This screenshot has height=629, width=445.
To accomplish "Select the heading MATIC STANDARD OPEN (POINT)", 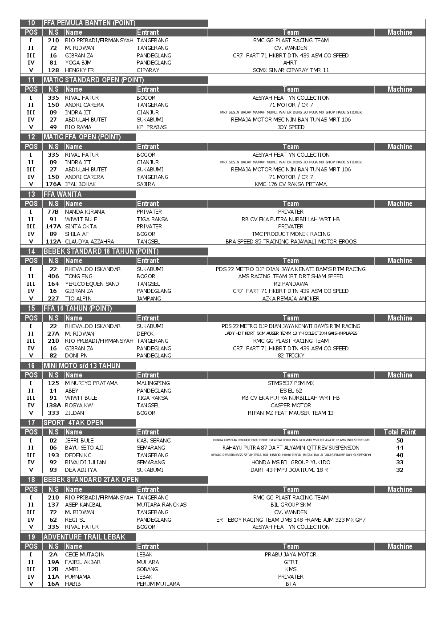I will (x=93, y=80).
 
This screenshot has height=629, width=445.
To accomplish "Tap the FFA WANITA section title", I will (x=62, y=195).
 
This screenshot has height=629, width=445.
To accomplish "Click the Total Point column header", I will (x=400, y=432).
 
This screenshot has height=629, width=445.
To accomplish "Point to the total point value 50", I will (x=400, y=441).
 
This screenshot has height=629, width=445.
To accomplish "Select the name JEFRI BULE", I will (x=79, y=441).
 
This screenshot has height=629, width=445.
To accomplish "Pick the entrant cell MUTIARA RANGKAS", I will (x=162, y=505).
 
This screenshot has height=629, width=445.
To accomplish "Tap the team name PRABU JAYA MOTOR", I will (x=291, y=555).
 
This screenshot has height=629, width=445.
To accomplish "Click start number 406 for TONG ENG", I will (x=53, y=276).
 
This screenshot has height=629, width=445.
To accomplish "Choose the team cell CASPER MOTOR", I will (x=291, y=406).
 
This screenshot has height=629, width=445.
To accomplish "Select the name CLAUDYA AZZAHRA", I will (x=89, y=242).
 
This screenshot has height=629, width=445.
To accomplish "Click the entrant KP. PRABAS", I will (x=151, y=127).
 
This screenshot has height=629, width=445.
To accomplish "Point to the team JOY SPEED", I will (x=291, y=127).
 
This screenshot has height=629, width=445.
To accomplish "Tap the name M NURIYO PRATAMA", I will (x=91, y=383).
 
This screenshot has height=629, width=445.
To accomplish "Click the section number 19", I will (x=32, y=537).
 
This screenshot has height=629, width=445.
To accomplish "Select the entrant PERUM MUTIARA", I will (x=158, y=584).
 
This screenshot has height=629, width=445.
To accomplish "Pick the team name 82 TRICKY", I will (x=291, y=356).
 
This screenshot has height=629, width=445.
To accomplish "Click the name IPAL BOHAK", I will (x=80, y=184).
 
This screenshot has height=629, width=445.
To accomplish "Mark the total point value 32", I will (x=400, y=470).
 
